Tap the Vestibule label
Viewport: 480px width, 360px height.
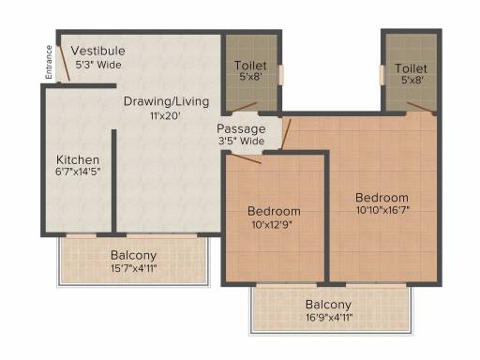tap(98, 50)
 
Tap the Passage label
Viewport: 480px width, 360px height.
tap(241, 128)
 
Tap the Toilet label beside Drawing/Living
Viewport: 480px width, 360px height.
tap(249, 67)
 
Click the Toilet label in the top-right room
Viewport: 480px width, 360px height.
tap(411, 68)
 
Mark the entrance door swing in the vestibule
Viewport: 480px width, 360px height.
tap(64, 64)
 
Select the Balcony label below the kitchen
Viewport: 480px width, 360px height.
tap(133, 255)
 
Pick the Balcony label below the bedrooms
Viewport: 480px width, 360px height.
tap(328, 305)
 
